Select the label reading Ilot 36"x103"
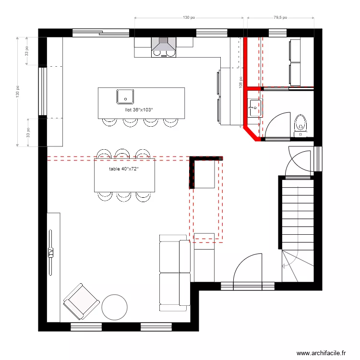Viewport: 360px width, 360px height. tap(139, 110)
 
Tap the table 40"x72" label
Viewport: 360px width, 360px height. tap(123, 169)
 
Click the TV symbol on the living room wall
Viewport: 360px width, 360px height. tap(50, 252)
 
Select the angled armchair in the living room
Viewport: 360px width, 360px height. tap(81, 301)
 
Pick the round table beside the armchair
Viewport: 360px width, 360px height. tap(114, 307)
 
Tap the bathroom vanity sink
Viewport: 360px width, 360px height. tap(255, 108)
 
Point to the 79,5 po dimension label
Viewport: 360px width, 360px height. tap(280, 17)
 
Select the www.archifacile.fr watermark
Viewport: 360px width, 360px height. tap(321, 353)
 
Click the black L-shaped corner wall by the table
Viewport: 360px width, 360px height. tap(192, 170)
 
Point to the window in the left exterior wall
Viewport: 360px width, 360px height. tap(42, 91)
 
